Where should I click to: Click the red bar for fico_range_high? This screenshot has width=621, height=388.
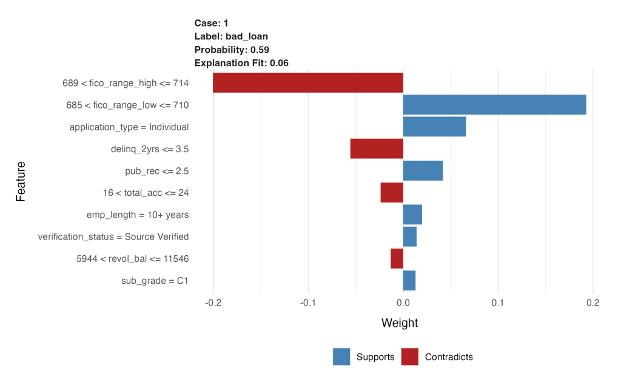(308, 83)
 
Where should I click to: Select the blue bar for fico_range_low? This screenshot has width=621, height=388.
(494, 105)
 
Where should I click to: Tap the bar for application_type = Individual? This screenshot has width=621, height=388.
(434, 127)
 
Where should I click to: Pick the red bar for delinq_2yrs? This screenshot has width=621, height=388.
(377, 149)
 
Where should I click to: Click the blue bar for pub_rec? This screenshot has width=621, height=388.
(423, 171)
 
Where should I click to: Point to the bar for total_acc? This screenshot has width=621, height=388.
(392, 193)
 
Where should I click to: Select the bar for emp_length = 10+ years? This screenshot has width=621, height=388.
(412, 215)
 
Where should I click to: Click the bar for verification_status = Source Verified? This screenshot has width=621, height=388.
(410, 236)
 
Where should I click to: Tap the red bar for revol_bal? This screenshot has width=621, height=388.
(397, 258)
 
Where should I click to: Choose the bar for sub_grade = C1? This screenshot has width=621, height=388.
(409, 281)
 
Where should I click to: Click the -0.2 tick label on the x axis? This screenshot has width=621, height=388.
(213, 303)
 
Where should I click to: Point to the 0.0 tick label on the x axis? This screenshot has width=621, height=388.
(403, 303)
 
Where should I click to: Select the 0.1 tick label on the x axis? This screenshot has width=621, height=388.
(498, 303)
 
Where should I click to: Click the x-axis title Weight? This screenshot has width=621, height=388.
(400, 323)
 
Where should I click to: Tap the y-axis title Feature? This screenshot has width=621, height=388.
(21, 181)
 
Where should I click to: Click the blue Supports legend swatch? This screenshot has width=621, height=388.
(341, 357)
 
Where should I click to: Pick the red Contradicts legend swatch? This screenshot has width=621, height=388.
(410, 357)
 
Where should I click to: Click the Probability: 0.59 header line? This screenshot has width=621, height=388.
(232, 49)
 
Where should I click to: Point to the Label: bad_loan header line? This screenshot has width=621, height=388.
(231, 36)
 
